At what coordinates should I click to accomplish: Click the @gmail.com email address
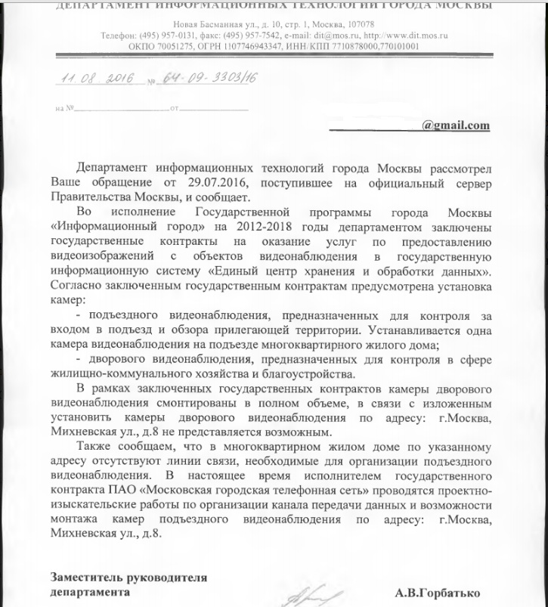coord(456,125)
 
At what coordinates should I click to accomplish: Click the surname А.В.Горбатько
coord(438,593)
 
